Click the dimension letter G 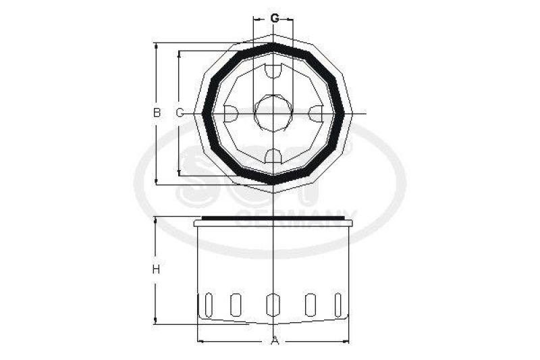[275, 18]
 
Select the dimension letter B [157, 113]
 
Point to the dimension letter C [180, 113]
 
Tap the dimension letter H [155, 269]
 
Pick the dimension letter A [275, 341]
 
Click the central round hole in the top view [273, 112]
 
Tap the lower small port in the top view [273, 156]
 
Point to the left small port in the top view [230, 113]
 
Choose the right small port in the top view [317, 113]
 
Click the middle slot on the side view [273, 305]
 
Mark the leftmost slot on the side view [208, 304]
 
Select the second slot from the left [236, 305]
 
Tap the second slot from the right [310, 305]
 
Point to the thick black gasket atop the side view [273, 218]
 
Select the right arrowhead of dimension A [346, 340]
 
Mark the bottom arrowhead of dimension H [156, 321]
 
